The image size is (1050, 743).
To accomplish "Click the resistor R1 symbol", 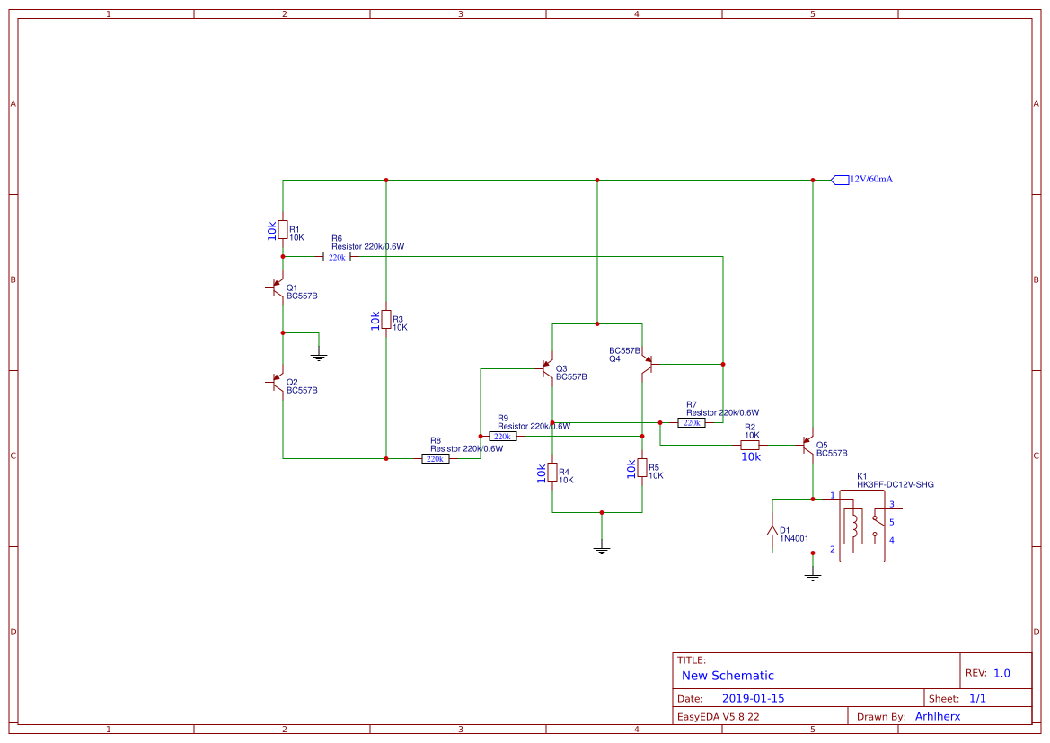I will pyautogui.click(x=283, y=230).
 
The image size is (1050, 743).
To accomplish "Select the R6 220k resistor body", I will pyautogui.click(x=337, y=257).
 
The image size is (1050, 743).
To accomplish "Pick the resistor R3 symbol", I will pyautogui.click(x=386, y=320).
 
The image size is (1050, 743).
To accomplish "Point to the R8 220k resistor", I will pyautogui.click(x=436, y=458).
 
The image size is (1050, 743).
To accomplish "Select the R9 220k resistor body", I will pyautogui.click(x=503, y=436).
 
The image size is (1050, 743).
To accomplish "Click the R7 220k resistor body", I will pyautogui.click(x=692, y=422).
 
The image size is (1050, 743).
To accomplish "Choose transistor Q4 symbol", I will pyautogui.click(x=647, y=364).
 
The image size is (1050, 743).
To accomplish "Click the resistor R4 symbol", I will pyautogui.click(x=552, y=473).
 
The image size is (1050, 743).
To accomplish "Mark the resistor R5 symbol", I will pyautogui.click(x=642, y=468).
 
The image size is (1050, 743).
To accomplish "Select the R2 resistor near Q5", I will pyautogui.click(x=750, y=445).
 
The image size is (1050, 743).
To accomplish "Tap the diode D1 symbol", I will pyautogui.click(x=772, y=530).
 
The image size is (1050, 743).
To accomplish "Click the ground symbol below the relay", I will pyautogui.click(x=813, y=577).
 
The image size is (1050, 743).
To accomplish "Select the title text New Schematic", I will pyautogui.click(x=728, y=676).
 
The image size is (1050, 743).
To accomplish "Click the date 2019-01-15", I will pyautogui.click(x=753, y=698).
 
